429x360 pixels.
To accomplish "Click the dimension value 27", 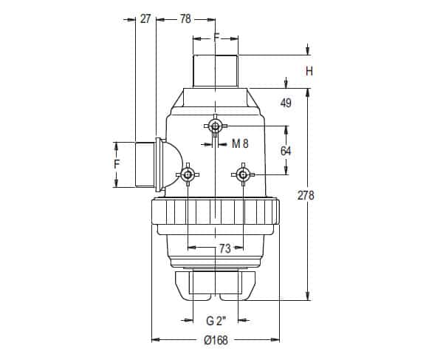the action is click(145, 19).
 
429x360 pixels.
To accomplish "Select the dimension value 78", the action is click(185, 19).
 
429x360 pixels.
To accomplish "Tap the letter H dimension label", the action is click(309, 71).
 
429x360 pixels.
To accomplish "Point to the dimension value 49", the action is click(286, 103).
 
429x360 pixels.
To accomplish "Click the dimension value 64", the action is click(286, 151).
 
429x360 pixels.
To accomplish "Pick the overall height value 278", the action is click(306, 195).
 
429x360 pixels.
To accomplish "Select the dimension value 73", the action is click(225, 248).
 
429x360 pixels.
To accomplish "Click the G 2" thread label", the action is click(216, 321).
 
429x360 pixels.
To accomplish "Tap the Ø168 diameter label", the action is click(216, 340).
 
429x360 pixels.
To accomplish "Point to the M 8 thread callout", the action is click(240, 143).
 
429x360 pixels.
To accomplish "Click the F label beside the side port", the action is click(117, 164).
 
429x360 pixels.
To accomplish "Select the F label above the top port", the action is click(216, 37).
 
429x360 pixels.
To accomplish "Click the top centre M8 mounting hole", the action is click(216, 126).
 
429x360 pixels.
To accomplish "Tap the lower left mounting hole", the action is click(188, 174).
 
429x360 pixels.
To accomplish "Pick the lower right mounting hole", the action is click(243, 174).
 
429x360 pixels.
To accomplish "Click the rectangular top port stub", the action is click(216, 71).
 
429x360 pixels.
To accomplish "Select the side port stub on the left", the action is click(145, 165).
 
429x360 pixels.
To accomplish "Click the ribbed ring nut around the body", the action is click(216, 212).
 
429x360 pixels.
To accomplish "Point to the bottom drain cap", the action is click(216, 285).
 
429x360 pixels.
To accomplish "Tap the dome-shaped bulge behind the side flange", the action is click(173, 165).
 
